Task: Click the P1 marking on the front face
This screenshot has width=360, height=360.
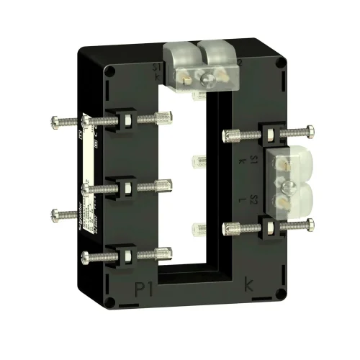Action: [x=145, y=290]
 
